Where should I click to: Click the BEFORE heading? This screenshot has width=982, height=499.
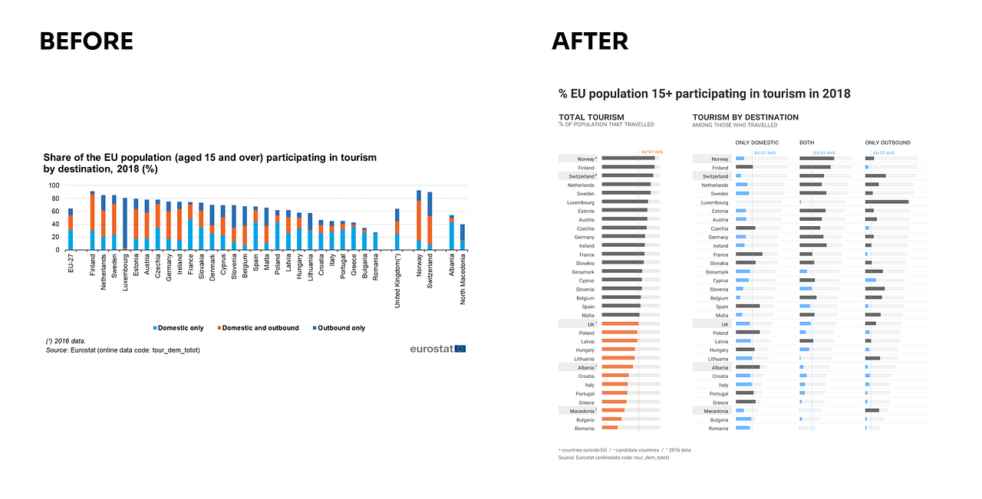(x=86, y=41)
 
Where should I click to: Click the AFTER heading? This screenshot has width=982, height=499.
(x=590, y=41)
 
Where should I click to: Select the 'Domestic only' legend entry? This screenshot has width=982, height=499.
(x=178, y=328)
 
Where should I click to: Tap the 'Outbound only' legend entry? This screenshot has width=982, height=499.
(x=339, y=328)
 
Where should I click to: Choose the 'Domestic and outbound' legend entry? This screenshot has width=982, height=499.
(x=258, y=328)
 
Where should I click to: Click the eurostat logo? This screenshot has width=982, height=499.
(x=437, y=349)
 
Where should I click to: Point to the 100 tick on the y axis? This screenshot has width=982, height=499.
(x=54, y=185)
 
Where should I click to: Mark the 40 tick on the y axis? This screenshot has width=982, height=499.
(x=55, y=224)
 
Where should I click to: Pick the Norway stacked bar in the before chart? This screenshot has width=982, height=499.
(x=419, y=221)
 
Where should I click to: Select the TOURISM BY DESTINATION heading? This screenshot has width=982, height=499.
(x=745, y=117)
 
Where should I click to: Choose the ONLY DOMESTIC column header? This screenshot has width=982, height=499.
(x=756, y=143)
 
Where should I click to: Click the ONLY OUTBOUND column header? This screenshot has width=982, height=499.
(x=888, y=143)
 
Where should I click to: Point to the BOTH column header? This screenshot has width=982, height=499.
(x=807, y=143)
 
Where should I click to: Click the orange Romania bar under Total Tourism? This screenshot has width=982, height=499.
(x=610, y=428)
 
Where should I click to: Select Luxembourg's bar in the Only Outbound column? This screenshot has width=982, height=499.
(x=886, y=202)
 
